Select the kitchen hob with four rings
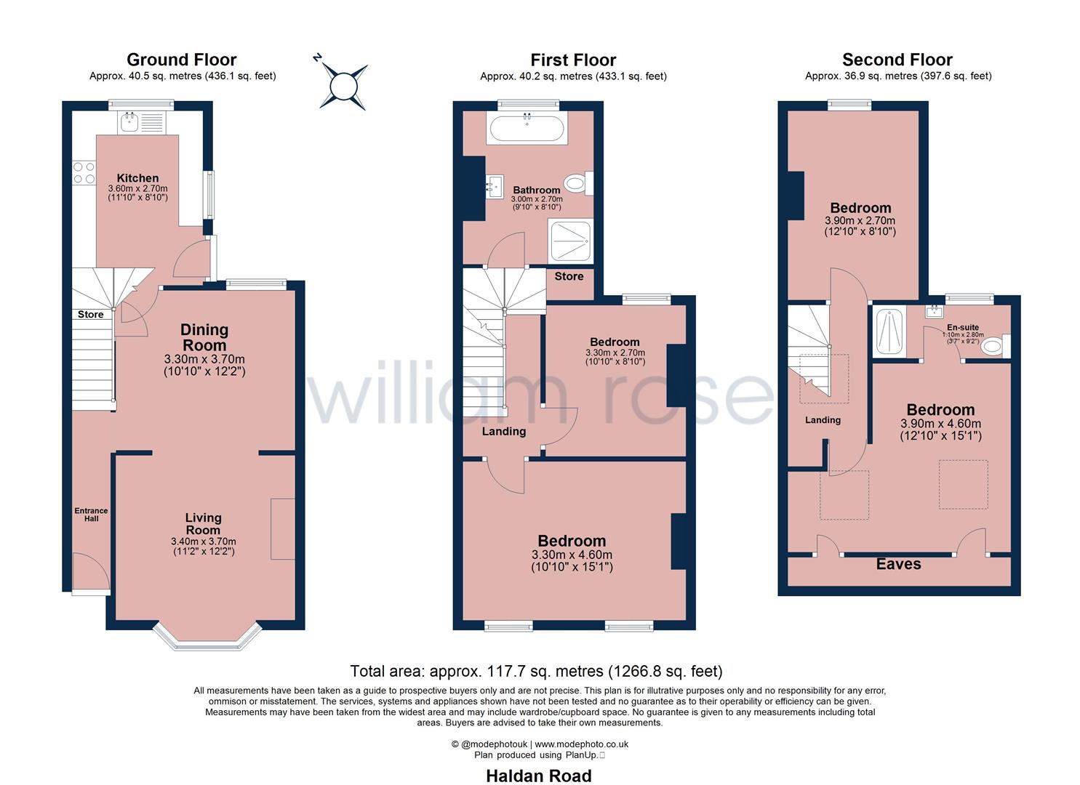[84, 172]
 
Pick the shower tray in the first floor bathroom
[571, 241]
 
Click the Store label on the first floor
[569, 276]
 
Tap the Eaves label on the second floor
[898, 564]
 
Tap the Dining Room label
[204, 337]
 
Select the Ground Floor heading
[182, 60]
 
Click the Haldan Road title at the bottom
[539, 776]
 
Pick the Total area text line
[536, 671]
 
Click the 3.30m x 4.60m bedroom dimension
[572, 555]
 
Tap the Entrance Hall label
[91, 514]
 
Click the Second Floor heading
[897, 60]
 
